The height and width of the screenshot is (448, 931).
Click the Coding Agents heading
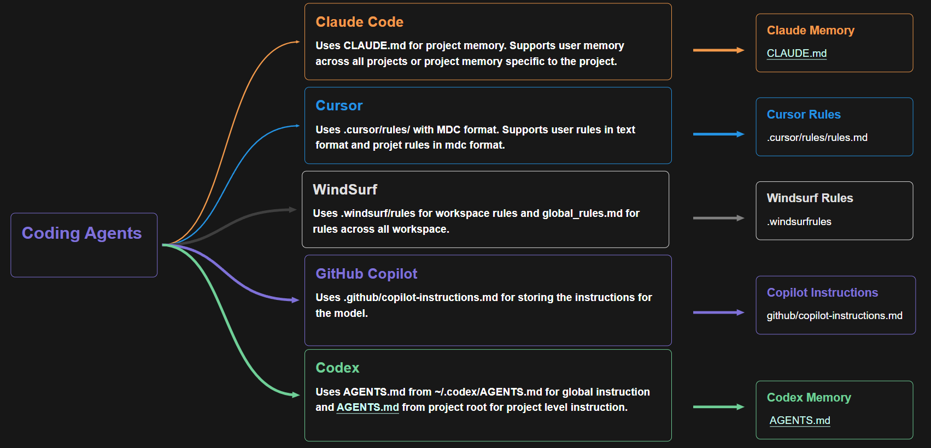[x=81, y=233]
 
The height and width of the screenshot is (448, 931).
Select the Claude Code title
[x=359, y=22]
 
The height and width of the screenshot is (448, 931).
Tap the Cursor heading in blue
[x=339, y=105]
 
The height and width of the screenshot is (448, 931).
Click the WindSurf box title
[x=345, y=190]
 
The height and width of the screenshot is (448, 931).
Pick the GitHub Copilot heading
[x=366, y=274]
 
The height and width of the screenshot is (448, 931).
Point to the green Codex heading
[x=337, y=368]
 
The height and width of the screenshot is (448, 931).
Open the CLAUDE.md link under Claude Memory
[x=797, y=53]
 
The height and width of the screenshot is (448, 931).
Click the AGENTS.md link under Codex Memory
[x=800, y=420]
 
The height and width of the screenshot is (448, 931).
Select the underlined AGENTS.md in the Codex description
[x=367, y=407]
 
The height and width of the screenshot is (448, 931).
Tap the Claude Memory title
[x=810, y=31]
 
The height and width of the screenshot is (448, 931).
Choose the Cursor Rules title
[x=804, y=115]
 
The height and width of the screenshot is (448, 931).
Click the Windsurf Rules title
[x=810, y=198]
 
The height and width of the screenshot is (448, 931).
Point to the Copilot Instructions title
[x=822, y=293]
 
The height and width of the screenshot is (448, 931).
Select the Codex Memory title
[x=809, y=398]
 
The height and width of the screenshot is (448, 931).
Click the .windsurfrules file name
[x=799, y=221]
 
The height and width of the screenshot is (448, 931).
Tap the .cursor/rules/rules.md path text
[x=817, y=137]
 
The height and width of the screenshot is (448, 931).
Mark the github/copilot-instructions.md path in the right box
[x=834, y=316]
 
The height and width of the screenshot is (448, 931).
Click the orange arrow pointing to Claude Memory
[x=718, y=50]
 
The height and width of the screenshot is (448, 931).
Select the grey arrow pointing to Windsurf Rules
[x=718, y=218]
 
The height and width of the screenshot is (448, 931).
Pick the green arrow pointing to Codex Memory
[x=718, y=407]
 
